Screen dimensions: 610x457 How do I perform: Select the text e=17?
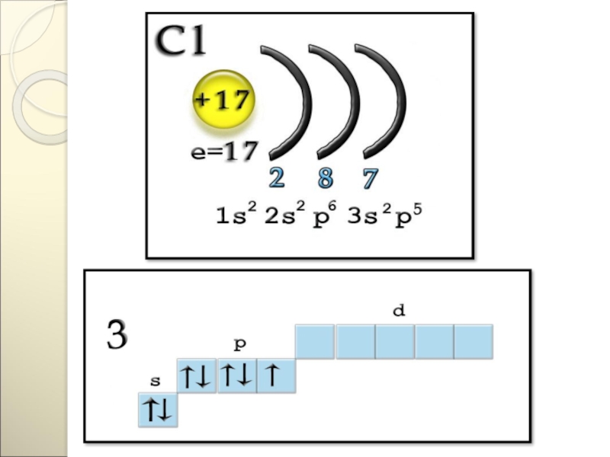(x=224, y=151)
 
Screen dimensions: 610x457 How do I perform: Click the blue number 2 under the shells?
(x=276, y=179)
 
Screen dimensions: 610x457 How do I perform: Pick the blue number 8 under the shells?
(x=325, y=179)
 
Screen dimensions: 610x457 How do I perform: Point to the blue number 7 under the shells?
(x=371, y=179)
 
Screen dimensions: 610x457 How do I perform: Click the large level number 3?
(x=116, y=336)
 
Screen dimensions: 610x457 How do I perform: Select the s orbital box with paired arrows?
(x=157, y=410)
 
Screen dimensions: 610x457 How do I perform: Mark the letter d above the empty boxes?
(x=396, y=311)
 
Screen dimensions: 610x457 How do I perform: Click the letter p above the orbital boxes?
(x=239, y=344)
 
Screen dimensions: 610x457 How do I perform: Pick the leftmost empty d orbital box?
(x=315, y=341)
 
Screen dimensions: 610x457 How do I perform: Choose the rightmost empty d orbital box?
(x=474, y=341)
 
